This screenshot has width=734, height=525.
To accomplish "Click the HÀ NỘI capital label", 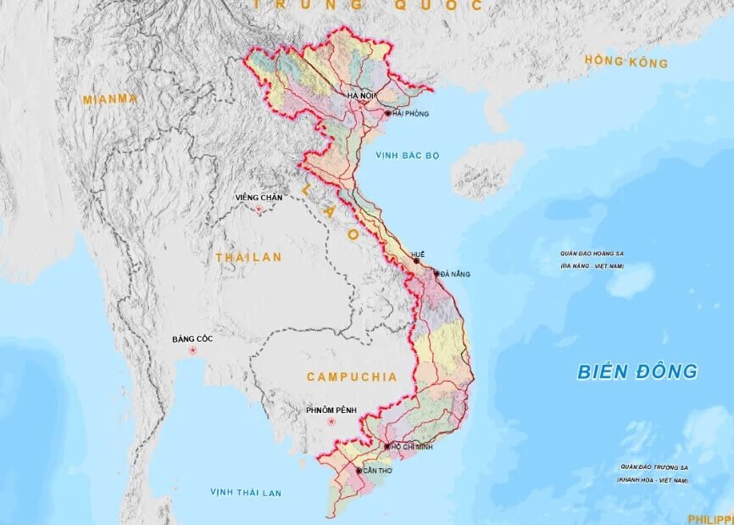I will pos(361,97).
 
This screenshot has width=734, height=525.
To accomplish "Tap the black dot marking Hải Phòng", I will pos(388,113).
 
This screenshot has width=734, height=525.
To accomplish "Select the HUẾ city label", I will pos(416,254).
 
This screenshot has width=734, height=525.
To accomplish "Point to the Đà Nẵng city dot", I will pos(437,273).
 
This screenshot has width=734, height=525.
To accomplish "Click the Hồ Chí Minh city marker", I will pos(387,446).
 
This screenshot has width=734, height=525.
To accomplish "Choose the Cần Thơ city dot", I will pos(359,470).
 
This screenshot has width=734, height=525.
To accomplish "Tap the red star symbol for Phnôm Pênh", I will pos(332,422).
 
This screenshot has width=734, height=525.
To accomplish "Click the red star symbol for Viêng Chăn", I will pos(259,209).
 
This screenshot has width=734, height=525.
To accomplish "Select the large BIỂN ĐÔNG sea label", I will pos(637,371).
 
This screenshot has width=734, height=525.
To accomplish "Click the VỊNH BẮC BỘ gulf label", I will pos(410,155).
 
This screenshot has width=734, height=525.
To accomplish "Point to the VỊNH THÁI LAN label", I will pos(247,493).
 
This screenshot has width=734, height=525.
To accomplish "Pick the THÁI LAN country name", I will pos(248,257).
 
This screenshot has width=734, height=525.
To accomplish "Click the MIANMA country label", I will pos(109,99).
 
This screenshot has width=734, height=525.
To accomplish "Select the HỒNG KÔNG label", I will pos(626,62).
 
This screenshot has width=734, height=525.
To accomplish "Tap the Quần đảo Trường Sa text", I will pos(653,466).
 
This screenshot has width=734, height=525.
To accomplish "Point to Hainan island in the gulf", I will pos(487,168).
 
